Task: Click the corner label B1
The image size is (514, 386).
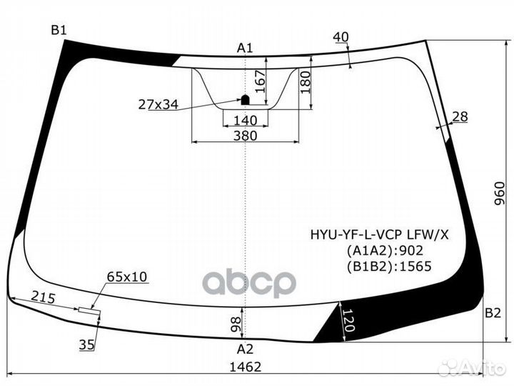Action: point(58,29)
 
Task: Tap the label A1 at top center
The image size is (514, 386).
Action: point(245,48)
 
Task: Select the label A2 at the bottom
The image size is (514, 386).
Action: point(245,349)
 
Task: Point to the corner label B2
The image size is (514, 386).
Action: point(493,312)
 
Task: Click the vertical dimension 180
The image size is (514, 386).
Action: point(306,82)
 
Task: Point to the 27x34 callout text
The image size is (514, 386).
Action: point(158,105)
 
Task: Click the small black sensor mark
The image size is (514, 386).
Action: point(244,100)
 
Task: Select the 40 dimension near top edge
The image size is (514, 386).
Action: point(341,37)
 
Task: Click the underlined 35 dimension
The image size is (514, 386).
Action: point(86,345)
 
